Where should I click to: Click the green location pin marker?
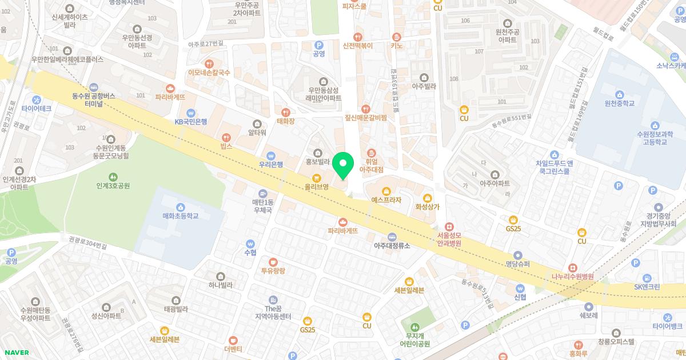(x=343, y=166)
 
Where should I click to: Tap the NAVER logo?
(x=17, y=353)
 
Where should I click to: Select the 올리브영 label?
(x=316, y=186)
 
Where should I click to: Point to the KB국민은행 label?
(x=191, y=121)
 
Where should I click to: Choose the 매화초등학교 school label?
(x=181, y=216)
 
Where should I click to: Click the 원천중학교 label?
(x=619, y=103)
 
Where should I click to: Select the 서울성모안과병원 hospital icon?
(x=449, y=227)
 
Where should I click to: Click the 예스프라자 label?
(x=386, y=201)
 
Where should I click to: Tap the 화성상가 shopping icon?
(x=427, y=198)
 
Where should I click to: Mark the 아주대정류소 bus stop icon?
(x=392, y=237)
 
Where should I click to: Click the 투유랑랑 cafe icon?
(x=273, y=262)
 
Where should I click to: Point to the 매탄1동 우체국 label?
(x=263, y=206)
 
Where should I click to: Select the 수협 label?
(x=250, y=252)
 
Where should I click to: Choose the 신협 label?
(x=520, y=297)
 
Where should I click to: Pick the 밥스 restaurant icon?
(x=227, y=138)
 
